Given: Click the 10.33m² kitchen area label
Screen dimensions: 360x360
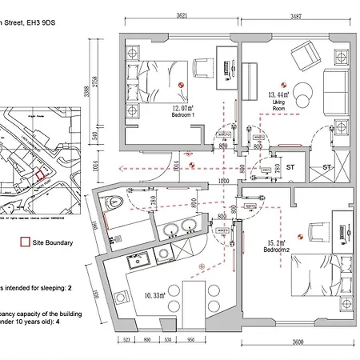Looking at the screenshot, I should tap(158, 296).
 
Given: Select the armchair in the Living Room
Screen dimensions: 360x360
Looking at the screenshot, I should tap(305, 57).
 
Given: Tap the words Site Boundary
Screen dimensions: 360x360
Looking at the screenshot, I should tap(54, 242).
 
